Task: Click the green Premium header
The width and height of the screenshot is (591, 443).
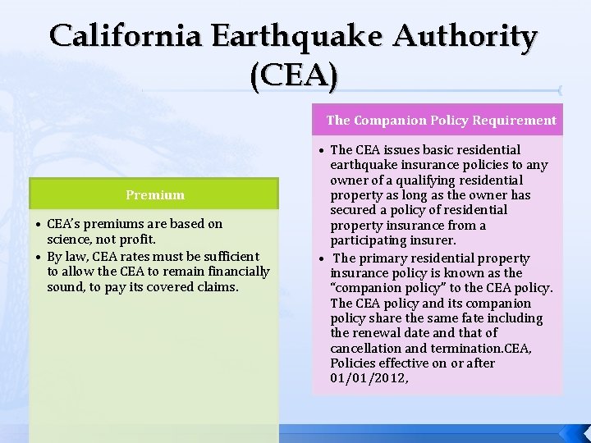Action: click(x=155, y=194)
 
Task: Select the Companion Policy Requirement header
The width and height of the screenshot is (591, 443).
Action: click(x=441, y=120)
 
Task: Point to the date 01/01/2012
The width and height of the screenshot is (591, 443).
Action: click(x=368, y=377)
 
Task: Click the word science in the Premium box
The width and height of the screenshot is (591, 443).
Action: click(x=70, y=238)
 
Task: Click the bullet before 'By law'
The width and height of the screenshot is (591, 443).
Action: click(x=39, y=257)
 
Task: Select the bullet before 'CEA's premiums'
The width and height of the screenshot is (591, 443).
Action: click(x=39, y=224)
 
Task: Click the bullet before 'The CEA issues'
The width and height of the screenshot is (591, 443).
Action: click(x=321, y=150)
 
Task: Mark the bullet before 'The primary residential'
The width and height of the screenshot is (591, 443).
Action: click(x=321, y=258)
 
